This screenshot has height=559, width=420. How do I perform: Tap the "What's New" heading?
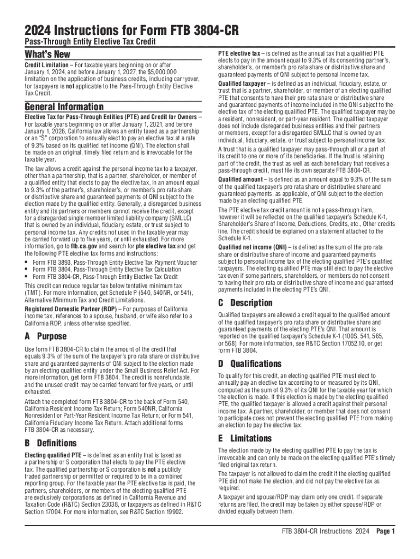(47, 54)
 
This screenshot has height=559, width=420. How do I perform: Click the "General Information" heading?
(64, 106)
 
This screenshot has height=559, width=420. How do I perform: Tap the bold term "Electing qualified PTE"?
(53, 455)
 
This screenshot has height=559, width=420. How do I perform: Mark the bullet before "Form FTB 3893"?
(27, 263)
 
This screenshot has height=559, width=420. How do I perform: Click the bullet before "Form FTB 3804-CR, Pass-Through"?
(27, 277)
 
